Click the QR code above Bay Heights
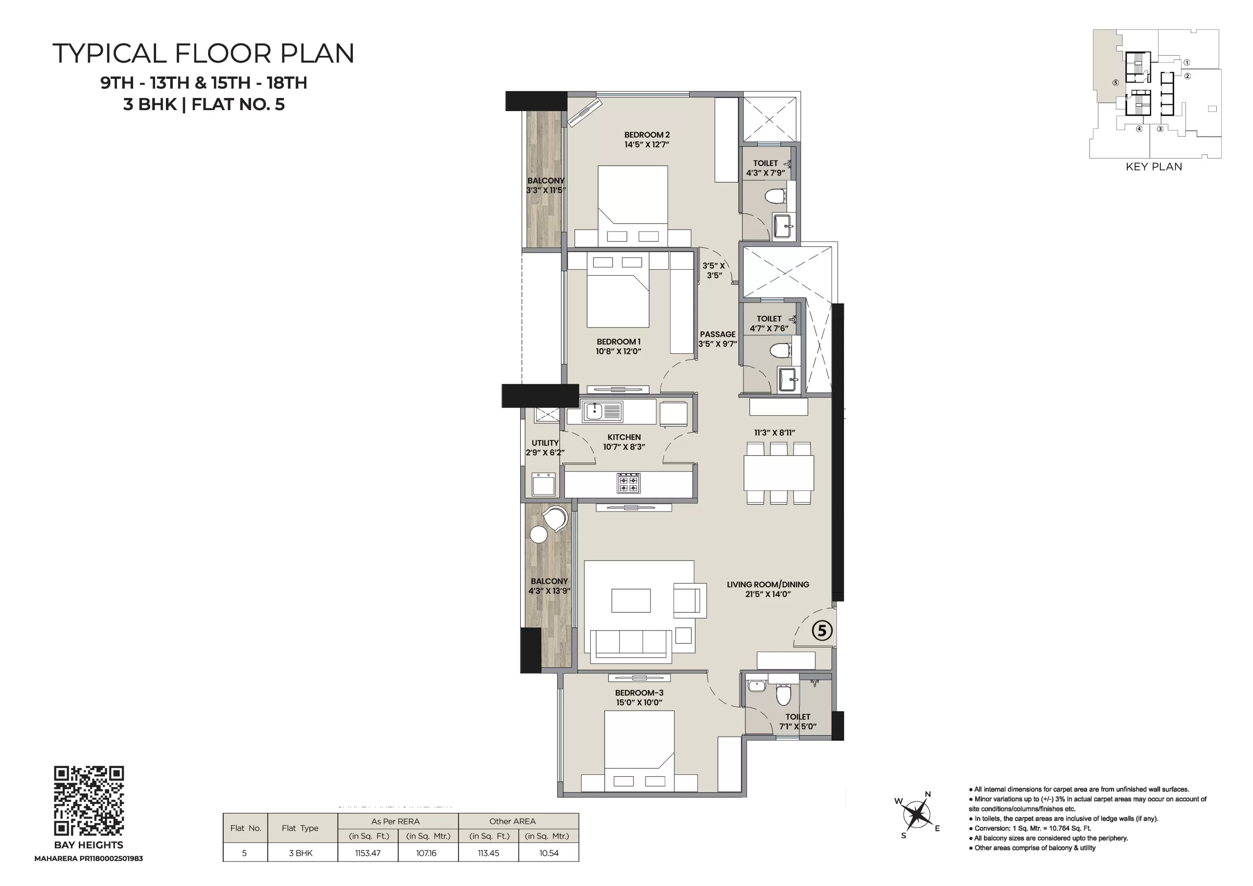click(x=89, y=801)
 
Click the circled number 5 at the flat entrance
click(x=822, y=631)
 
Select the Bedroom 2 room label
click(x=647, y=135)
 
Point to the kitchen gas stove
click(x=628, y=483)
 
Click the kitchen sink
click(x=594, y=411)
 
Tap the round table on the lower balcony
click(x=538, y=535)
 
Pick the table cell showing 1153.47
click(x=368, y=853)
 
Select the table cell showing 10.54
click(x=549, y=853)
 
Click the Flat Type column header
click(x=300, y=828)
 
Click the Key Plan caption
click(x=1154, y=167)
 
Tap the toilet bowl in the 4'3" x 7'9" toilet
click(x=775, y=195)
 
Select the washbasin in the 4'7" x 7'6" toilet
click(x=788, y=379)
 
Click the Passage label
click(x=718, y=334)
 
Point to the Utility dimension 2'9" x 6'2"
click(x=545, y=453)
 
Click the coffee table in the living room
click(x=631, y=601)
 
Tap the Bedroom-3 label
click(x=639, y=693)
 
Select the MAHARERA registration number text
click(x=89, y=859)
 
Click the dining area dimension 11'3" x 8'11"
click(x=774, y=433)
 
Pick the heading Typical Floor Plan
click(x=204, y=53)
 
